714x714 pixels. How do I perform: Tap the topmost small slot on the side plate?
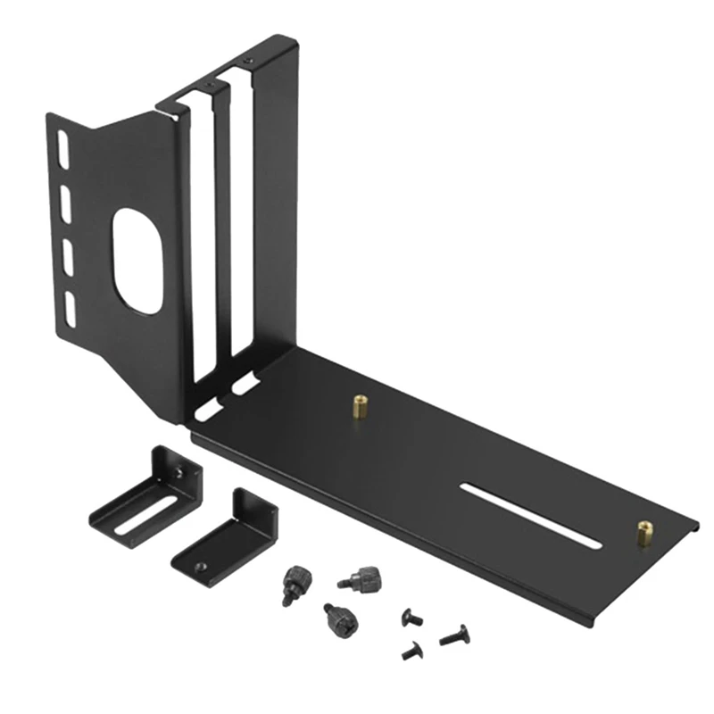click(x=62, y=148)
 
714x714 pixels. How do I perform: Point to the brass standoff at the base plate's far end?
click(x=643, y=532)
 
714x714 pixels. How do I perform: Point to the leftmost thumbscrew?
click(x=291, y=585)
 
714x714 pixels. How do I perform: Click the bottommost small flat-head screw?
click(x=411, y=652)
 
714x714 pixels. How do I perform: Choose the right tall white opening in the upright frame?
click(x=240, y=223)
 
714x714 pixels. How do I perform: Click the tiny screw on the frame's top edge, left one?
click(x=208, y=87)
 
